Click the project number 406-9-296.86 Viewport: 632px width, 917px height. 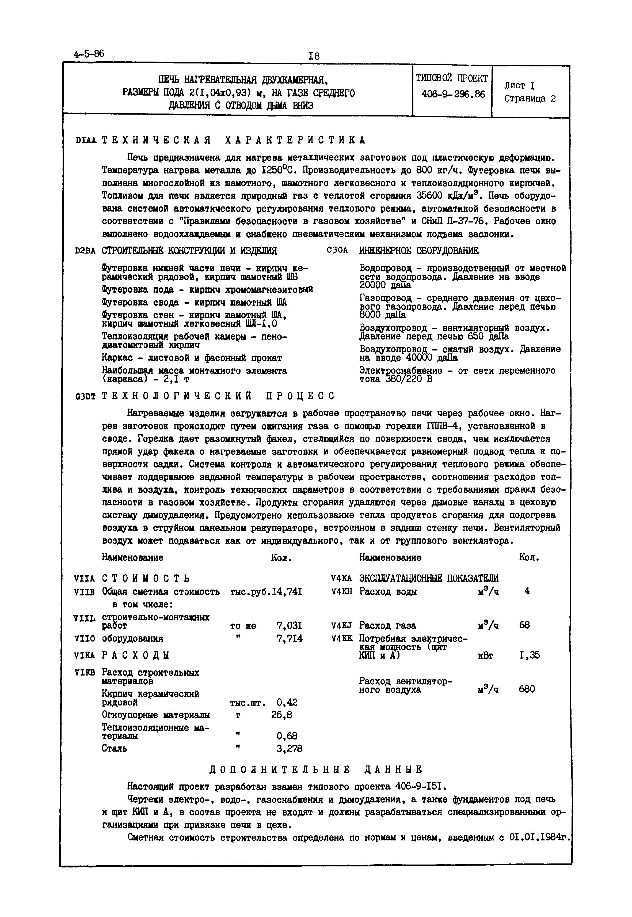(453, 94)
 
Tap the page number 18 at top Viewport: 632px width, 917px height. (314, 56)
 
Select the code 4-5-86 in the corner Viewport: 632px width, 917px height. (89, 54)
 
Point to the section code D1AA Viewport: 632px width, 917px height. (86, 140)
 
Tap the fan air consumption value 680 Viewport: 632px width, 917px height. (527, 689)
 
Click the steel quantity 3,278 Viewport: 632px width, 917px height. (290, 748)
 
